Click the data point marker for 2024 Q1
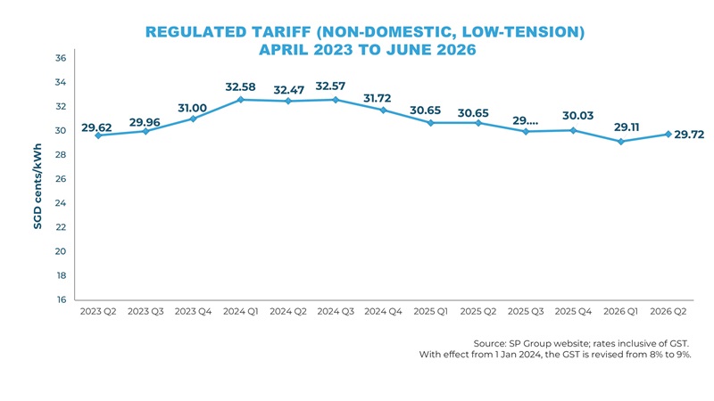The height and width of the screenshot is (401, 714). [240, 100]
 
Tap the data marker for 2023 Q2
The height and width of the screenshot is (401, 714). [97, 135]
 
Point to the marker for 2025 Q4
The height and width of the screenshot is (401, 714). [573, 130]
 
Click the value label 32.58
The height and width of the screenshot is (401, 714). [241, 86]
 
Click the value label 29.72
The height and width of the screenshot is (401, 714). [690, 135]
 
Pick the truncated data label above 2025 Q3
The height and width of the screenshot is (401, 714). [526, 120]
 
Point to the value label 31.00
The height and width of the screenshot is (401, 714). [193, 108]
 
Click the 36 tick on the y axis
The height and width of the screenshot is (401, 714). [61, 58]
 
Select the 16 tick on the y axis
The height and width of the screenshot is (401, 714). [61, 300]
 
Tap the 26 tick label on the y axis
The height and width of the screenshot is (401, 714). [61, 179]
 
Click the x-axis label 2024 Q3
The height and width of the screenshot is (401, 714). [336, 312]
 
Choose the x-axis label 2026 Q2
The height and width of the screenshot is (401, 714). [668, 312]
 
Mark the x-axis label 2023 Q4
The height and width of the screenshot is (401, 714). [193, 312]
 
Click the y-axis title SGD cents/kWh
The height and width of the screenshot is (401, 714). [38, 188]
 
